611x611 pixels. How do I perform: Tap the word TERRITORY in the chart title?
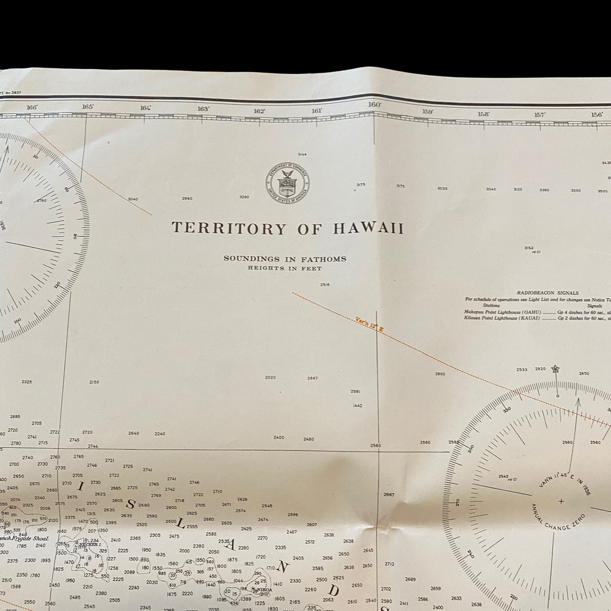point(229,229)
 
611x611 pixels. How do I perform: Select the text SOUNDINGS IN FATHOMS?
point(285,258)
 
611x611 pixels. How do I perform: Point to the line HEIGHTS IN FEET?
point(285,268)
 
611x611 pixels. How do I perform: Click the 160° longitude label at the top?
point(375,105)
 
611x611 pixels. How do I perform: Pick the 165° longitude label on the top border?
point(88,107)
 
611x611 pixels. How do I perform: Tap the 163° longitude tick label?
point(203,109)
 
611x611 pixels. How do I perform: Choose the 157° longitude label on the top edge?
point(540,115)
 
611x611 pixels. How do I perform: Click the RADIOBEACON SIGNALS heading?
point(547,293)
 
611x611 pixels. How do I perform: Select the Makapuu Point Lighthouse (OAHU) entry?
point(503,312)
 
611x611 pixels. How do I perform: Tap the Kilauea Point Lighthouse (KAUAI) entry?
point(502,318)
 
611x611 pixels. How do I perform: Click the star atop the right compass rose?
point(555,368)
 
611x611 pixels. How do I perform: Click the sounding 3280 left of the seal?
point(244,197)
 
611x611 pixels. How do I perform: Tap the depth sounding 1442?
point(357,406)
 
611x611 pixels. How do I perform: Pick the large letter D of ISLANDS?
point(333,591)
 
